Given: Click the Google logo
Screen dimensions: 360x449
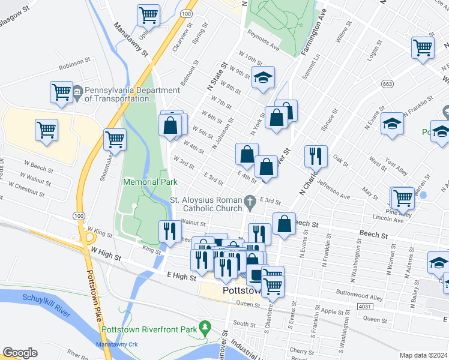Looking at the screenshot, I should tap(20, 353).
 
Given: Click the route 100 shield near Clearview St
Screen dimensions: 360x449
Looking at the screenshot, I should tap(187, 13).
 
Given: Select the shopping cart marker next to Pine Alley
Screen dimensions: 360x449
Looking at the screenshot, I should tap(402, 197).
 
